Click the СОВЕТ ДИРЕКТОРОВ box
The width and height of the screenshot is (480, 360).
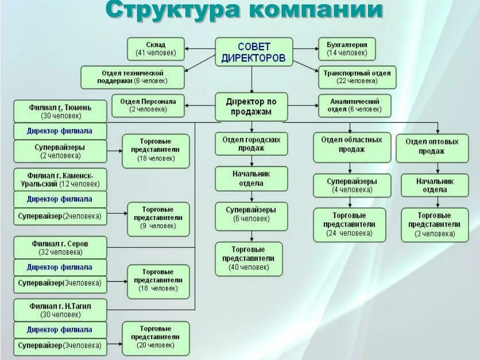point(254,52)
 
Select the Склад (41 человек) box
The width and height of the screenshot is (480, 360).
point(156,49)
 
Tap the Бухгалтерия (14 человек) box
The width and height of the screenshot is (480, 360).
point(347,49)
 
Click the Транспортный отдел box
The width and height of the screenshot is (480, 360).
point(357,77)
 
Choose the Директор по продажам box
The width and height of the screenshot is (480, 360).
point(251,107)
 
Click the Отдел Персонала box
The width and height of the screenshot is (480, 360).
point(148,105)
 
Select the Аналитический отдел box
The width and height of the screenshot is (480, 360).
point(354,105)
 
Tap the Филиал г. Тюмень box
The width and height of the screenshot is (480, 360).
point(60,111)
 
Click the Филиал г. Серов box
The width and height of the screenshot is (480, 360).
point(60,247)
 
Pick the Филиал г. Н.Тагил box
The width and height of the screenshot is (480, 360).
point(60,310)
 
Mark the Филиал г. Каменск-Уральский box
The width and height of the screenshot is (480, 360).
point(60,179)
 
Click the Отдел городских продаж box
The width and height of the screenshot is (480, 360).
point(251,143)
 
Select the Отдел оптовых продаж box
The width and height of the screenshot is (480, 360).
point(432,147)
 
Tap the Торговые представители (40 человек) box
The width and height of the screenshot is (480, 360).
point(249,259)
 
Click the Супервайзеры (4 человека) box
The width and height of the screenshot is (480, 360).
point(352,185)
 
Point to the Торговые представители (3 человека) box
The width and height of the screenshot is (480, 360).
point(435,225)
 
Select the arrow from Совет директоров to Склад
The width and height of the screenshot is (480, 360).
point(200,48)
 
